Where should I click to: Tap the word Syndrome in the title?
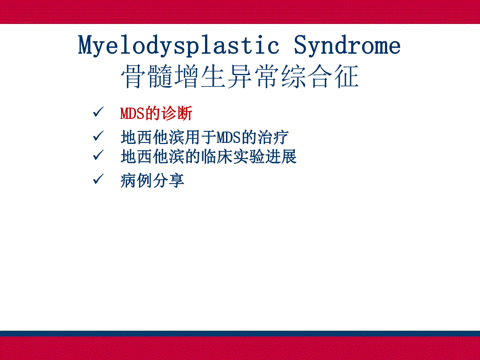[347, 46]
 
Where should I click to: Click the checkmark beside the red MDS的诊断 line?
[98, 112]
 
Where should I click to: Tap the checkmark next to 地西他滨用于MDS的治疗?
[98, 137]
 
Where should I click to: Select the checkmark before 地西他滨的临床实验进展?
[98, 155]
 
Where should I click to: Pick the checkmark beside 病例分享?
[98, 180]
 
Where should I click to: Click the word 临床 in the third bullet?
[217, 156]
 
